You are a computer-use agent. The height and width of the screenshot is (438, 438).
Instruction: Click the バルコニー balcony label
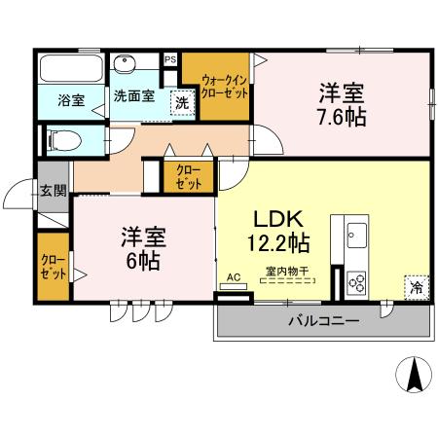(322, 320)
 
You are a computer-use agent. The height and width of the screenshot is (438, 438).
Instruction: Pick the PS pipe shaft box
(170, 59)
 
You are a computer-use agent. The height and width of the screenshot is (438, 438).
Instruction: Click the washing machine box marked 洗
(181, 102)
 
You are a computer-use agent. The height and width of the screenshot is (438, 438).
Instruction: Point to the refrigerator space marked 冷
(416, 287)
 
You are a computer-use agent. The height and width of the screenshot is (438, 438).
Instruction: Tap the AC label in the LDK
(233, 276)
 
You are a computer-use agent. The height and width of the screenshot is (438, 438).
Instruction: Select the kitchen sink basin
(356, 235)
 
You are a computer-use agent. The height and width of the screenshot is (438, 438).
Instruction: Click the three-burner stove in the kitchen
(356, 283)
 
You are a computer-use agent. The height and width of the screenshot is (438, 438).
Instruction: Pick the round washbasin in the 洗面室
(125, 65)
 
